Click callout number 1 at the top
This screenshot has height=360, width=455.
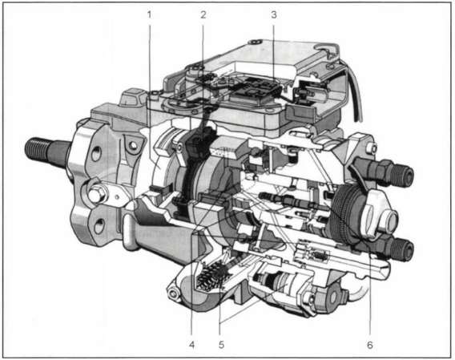click(150, 14)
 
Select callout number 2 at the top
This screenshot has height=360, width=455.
click(203, 14)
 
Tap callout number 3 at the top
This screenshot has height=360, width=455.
click(274, 14)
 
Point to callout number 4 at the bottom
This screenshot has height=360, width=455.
click(191, 345)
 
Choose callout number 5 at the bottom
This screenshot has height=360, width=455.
click(221, 345)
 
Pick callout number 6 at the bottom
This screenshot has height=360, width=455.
click(370, 345)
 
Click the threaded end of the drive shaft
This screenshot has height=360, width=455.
click(36, 150)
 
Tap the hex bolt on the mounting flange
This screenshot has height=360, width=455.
click(95, 194)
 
